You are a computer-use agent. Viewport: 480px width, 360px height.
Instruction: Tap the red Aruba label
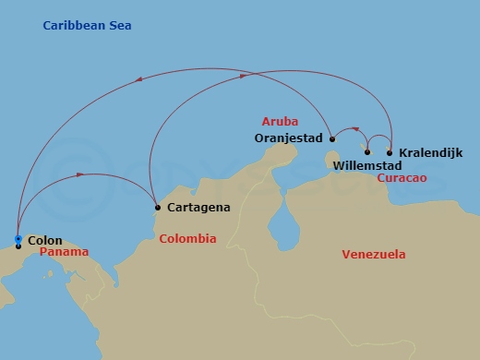[281, 122]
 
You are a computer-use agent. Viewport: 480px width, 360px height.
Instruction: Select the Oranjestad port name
[288, 138]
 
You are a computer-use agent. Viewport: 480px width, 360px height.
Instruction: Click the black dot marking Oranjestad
[332, 138]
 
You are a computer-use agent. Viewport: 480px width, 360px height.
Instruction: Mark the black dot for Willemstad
[367, 152]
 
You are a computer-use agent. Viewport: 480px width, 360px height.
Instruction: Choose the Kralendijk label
[430, 152]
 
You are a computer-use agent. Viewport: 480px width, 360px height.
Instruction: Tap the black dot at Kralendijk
[390, 152]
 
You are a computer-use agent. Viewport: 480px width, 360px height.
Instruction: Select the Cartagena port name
[199, 208]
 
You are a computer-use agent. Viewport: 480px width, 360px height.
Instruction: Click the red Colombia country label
[187, 238]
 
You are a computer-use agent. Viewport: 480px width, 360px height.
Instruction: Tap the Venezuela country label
[373, 254]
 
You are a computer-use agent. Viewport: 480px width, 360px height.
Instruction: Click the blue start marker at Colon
[18, 239]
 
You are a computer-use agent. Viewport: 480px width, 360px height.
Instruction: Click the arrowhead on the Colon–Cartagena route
[83, 173]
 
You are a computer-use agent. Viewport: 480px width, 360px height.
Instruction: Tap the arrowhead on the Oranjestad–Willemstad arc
[354, 130]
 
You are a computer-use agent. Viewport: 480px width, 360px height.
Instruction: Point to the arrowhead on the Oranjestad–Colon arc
[138, 80]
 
